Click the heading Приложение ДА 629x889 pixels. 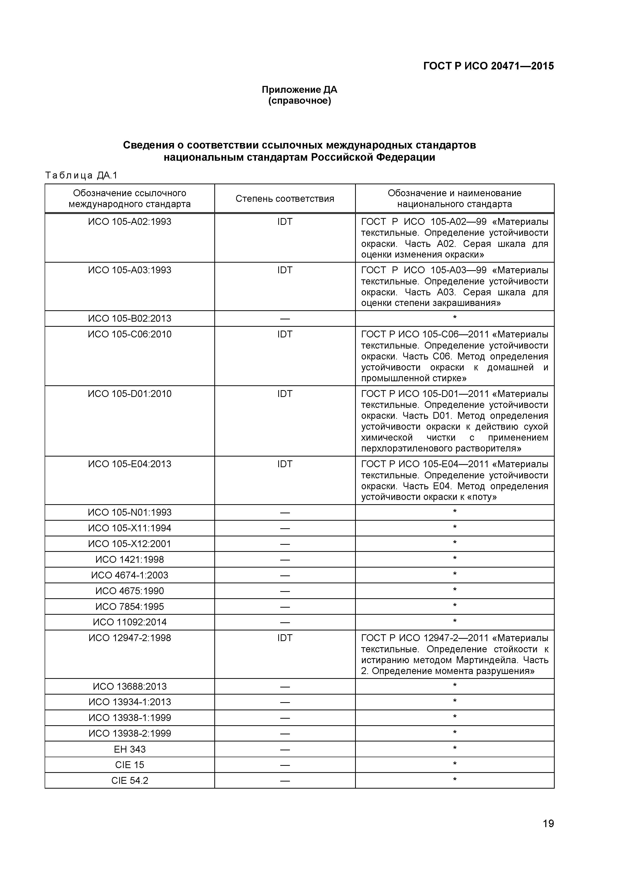point(299,90)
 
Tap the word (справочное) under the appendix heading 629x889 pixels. point(299,101)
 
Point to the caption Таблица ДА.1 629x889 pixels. point(81,176)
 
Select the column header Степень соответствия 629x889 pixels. point(285,199)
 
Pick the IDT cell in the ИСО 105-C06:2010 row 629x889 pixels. point(285,334)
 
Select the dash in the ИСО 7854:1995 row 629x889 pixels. point(285,607)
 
